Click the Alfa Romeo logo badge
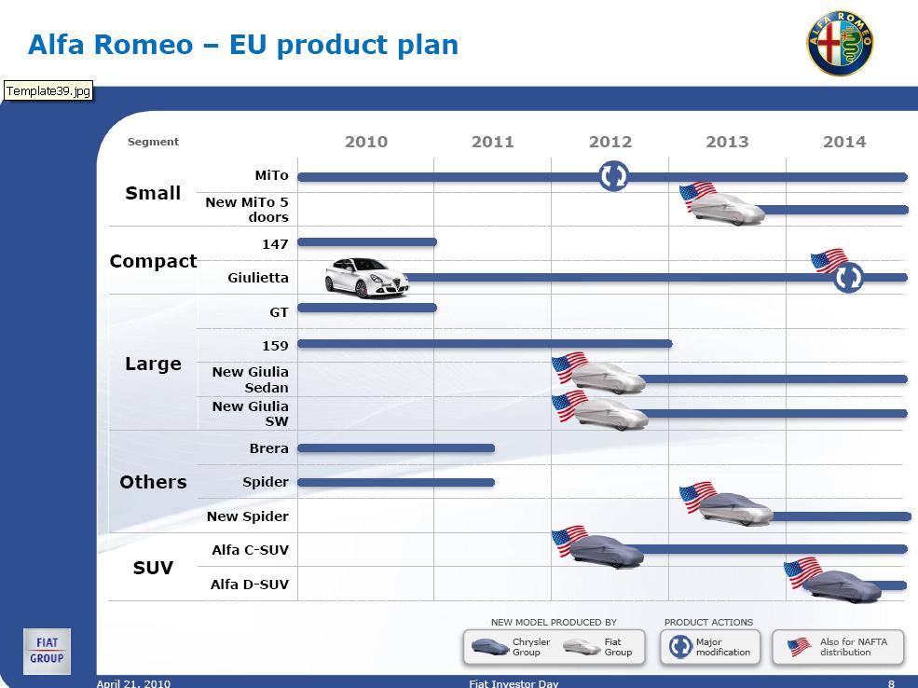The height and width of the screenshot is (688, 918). [x=840, y=43]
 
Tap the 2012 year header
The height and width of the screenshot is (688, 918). [x=610, y=142]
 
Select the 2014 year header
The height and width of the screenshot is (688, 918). [x=844, y=142]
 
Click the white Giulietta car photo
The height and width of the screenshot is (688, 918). [x=367, y=278]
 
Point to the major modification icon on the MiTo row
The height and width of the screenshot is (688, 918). [x=613, y=175]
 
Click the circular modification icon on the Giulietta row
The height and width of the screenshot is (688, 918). [x=848, y=278]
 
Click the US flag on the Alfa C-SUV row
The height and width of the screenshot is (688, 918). [x=569, y=541]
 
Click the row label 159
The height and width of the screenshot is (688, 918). [x=275, y=346]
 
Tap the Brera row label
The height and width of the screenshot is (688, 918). [x=268, y=448]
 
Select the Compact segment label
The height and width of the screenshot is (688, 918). [x=153, y=261]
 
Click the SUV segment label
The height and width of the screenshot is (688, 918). [x=153, y=568]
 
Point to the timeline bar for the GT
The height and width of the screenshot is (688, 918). [x=367, y=308]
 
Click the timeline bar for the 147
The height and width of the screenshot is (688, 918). [x=367, y=241]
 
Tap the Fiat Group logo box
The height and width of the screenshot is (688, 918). [x=47, y=651]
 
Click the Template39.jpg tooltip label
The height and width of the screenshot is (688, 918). [x=48, y=90]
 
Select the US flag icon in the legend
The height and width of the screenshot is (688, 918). [x=799, y=647]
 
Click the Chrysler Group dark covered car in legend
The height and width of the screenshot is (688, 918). [x=489, y=647]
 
